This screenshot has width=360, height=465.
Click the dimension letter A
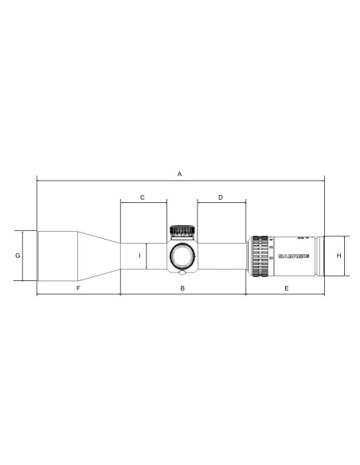pos(180,173)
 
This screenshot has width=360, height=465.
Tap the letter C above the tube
pos(143,197)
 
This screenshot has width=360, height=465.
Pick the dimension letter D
pos(221,197)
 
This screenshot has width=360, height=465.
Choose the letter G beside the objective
pos(17,256)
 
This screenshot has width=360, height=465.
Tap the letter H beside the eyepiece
pos(338,256)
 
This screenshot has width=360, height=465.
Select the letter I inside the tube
pos(140,256)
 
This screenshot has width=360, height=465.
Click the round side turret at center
pos(182,256)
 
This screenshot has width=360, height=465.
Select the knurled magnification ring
pos(260,256)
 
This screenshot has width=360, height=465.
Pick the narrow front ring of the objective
pos(38,256)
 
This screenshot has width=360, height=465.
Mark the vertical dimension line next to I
pos(146,256)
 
